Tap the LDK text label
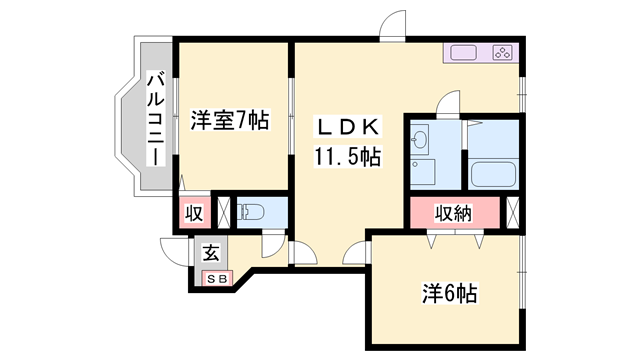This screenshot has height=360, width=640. (x=346, y=128)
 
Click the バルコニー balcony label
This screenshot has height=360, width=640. (x=156, y=119)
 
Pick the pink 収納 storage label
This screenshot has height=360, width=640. (x=452, y=212)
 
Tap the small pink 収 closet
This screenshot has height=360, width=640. (x=194, y=213)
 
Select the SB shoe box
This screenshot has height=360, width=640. (x=217, y=277)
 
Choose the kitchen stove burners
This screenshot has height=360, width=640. (x=502, y=52)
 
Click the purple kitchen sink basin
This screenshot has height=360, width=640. (x=464, y=52)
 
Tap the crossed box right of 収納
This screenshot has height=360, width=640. (x=513, y=212)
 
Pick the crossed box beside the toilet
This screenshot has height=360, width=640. (x=224, y=211)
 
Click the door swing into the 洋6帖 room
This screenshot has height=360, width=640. (x=355, y=255)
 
